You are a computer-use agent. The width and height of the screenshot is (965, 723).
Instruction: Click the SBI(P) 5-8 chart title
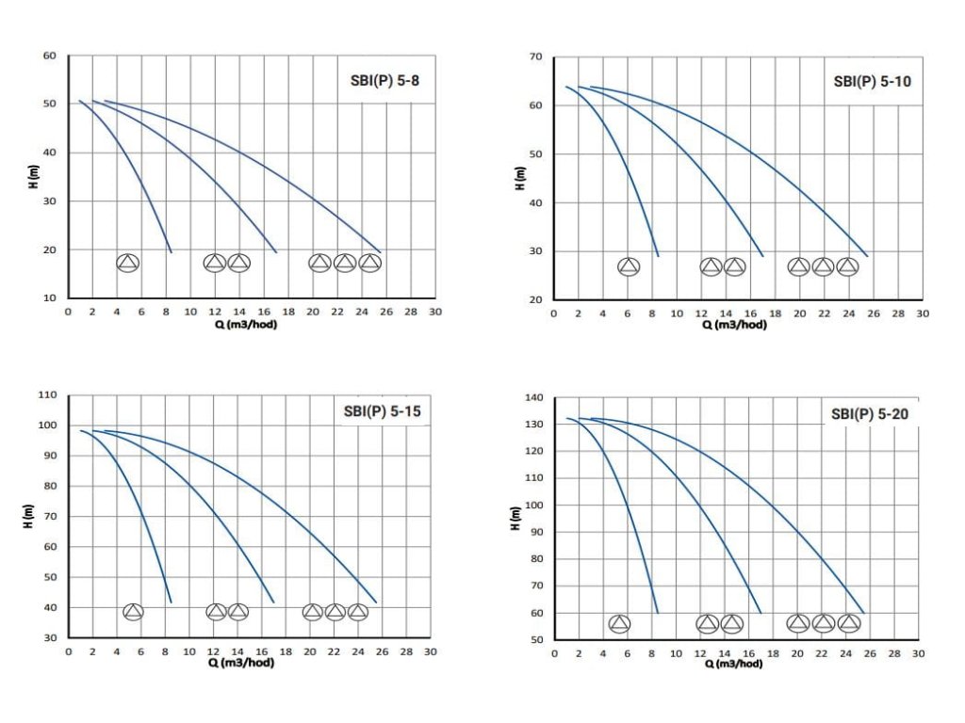click(379, 81)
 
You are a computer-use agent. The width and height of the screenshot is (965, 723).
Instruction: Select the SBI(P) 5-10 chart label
click(872, 81)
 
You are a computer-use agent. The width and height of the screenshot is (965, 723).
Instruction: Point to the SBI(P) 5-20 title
click(870, 413)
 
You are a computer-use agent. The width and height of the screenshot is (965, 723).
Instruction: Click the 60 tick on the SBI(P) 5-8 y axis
click(50, 56)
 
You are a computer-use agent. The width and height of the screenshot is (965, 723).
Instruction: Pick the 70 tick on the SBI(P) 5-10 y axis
click(536, 57)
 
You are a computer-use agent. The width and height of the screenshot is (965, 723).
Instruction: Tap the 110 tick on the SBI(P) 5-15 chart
click(47, 395)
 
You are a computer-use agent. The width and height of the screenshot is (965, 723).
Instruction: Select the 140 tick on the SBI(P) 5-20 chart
click(532, 399)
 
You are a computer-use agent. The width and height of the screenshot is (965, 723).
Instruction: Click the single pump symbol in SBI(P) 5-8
click(127, 263)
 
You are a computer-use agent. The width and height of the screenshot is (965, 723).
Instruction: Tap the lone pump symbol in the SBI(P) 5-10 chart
click(629, 266)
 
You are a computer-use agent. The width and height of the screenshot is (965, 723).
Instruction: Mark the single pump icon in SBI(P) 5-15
click(133, 612)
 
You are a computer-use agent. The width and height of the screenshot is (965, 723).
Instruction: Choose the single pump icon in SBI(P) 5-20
click(619, 623)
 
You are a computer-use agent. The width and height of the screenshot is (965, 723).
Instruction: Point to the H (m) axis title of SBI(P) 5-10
click(519, 179)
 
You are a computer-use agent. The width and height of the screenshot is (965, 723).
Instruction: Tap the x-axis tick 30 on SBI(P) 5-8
click(434, 311)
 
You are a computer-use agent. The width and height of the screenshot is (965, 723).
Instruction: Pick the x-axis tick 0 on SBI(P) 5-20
click(554, 653)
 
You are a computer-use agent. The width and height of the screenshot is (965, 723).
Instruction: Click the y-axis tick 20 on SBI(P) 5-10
click(536, 300)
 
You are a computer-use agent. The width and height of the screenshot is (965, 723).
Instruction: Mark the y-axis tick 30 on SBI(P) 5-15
click(50, 638)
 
